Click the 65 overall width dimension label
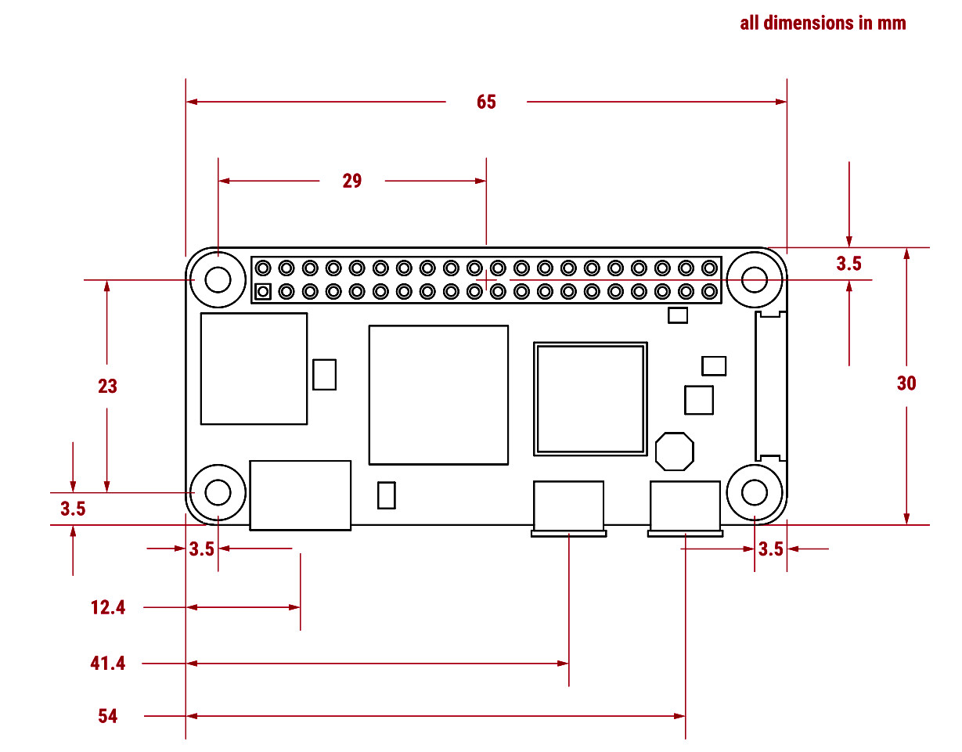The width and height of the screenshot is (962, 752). point(486,103)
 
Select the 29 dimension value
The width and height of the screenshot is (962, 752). point(352,181)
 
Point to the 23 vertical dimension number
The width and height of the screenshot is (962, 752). point(107,386)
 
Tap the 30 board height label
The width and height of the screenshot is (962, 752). point(906,383)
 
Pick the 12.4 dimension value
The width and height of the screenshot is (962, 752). point(108,607)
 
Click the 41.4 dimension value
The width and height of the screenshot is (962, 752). point(108,664)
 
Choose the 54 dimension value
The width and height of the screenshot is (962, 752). point(108,716)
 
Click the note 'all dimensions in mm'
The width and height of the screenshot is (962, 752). point(823,23)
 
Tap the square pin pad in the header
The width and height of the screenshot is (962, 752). point(263,292)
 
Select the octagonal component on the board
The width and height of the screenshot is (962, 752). point(674,452)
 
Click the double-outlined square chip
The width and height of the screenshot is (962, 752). point(590,398)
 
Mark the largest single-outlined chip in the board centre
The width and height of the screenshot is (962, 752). point(438,395)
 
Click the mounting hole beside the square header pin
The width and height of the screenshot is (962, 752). point(218,279)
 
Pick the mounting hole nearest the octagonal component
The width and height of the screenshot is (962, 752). point(755,493)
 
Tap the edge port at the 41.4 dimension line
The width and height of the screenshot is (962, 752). point(568,508)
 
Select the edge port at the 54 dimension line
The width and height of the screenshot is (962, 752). point(685,508)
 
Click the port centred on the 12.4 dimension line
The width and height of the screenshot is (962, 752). point(300,495)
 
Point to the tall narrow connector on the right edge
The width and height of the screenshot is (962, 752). point(769,386)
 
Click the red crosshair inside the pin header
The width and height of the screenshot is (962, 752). point(486,279)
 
